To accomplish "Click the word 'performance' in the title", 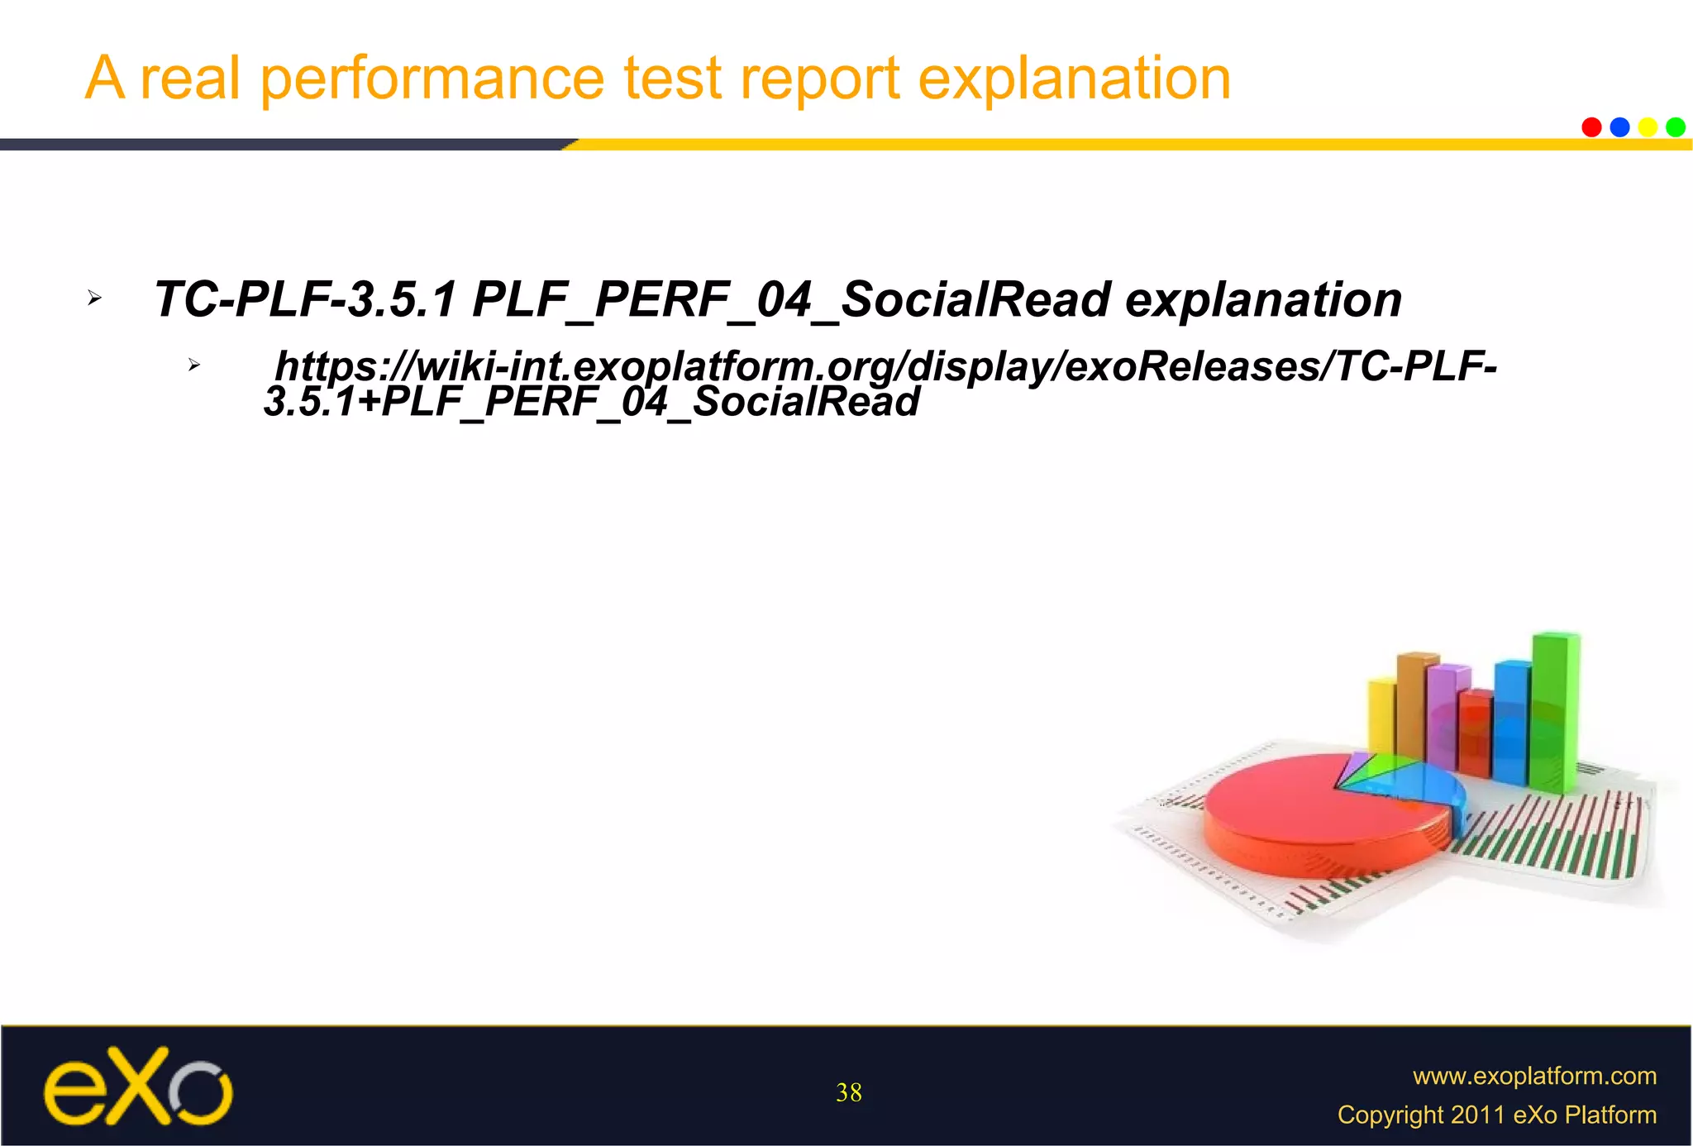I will pyautogui.click(x=432, y=79).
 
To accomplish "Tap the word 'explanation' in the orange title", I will pyautogui.click(x=1074, y=79).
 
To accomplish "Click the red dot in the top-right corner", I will pyautogui.click(x=1591, y=127).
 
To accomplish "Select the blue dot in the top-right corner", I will pyautogui.click(x=1619, y=127).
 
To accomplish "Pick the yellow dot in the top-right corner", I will pyautogui.click(x=1648, y=127).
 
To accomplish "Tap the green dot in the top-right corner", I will pyautogui.click(x=1675, y=127).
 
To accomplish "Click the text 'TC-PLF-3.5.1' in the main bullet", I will pyautogui.click(x=304, y=298).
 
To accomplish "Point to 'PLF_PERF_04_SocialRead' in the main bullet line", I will pyautogui.click(x=791, y=298).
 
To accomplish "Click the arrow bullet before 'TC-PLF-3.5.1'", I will pyautogui.click(x=94, y=298).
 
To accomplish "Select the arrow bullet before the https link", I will pyautogui.click(x=193, y=365).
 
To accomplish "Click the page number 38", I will pyautogui.click(x=848, y=1093).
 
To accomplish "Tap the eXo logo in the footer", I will pyautogui.click(x=137, y=1086).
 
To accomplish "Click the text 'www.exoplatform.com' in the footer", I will pyautogui.click(x=1534, y=1076).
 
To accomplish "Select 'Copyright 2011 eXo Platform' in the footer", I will pyautogui.click(x=1496, y=1115).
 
